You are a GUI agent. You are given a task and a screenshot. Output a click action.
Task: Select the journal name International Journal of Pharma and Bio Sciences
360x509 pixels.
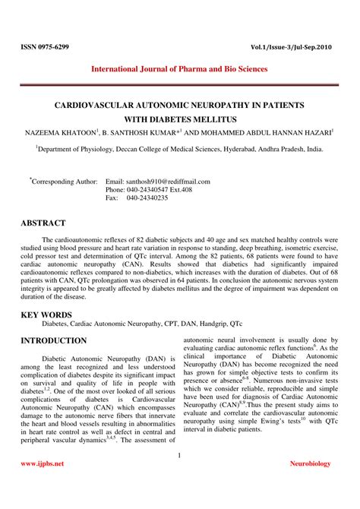point(179,69)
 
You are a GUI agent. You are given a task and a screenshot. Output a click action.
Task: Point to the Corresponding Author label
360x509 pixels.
point(65,182)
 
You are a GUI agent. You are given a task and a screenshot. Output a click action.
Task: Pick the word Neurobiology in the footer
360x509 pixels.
point(314,463)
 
